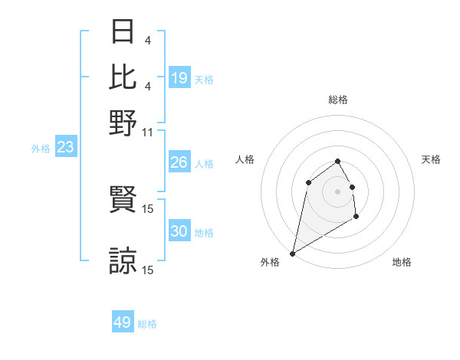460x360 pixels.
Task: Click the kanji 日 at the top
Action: pos(123,33)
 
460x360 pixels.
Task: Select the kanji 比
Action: pos(123,77)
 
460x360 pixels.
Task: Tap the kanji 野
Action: pos(123,121)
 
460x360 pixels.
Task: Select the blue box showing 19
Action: pos(179,78)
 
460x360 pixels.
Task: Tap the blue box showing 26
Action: pos(179,162)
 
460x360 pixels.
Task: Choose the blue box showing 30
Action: pos(179,231)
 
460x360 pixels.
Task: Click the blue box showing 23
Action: pos(65,148)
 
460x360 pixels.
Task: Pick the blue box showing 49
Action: pos(123,322)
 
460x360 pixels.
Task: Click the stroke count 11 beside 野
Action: pos(148,132)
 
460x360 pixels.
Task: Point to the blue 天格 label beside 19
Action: pos(204,80)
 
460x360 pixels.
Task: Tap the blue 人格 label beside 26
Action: pos(204,164)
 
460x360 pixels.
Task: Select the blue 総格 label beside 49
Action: pos(147,324)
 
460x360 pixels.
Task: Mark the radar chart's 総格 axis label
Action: pos(337,100)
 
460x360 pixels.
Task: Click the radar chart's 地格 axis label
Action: pos(402,263)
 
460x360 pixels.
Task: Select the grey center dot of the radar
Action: pos(337,191)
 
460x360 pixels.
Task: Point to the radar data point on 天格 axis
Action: pos(352,186)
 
